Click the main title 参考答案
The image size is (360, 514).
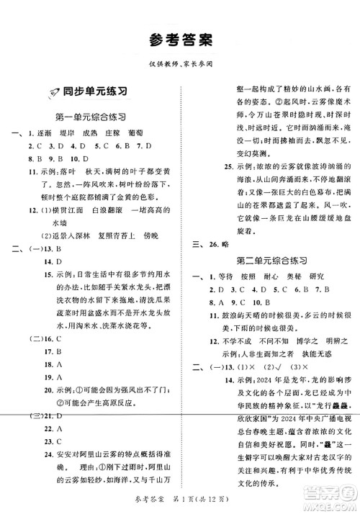(x=179, y=37)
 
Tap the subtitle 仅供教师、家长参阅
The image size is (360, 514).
(x=179, y=63)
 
